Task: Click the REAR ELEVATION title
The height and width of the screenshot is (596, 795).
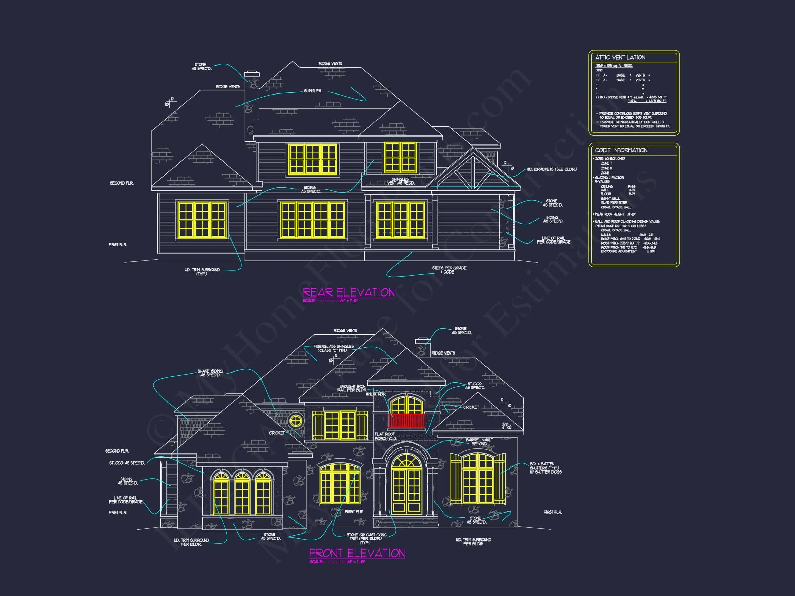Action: point(348,292)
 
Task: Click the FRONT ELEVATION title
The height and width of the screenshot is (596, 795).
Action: point(357,553)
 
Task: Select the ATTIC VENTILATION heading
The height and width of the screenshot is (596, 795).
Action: point(620,58)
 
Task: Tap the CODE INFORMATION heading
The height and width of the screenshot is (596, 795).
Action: point(621,150)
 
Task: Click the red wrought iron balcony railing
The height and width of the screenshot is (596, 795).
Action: point(406,420)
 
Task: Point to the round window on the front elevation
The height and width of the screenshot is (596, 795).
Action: point(296,420)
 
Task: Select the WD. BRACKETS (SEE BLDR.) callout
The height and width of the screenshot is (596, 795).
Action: point(552,169)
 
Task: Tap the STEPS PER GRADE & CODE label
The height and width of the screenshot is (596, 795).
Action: point(449,270)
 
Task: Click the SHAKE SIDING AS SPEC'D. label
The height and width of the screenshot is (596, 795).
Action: point(210,373)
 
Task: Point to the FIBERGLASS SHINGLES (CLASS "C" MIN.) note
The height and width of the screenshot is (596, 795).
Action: point(333,348)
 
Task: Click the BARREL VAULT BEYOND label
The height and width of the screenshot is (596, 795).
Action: point(479,442)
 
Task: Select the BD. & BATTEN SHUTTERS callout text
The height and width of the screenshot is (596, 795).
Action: point(545,468)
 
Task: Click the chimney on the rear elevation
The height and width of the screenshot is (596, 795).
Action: point(252,104)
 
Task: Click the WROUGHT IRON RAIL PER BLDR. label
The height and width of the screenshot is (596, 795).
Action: point(352,388)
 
